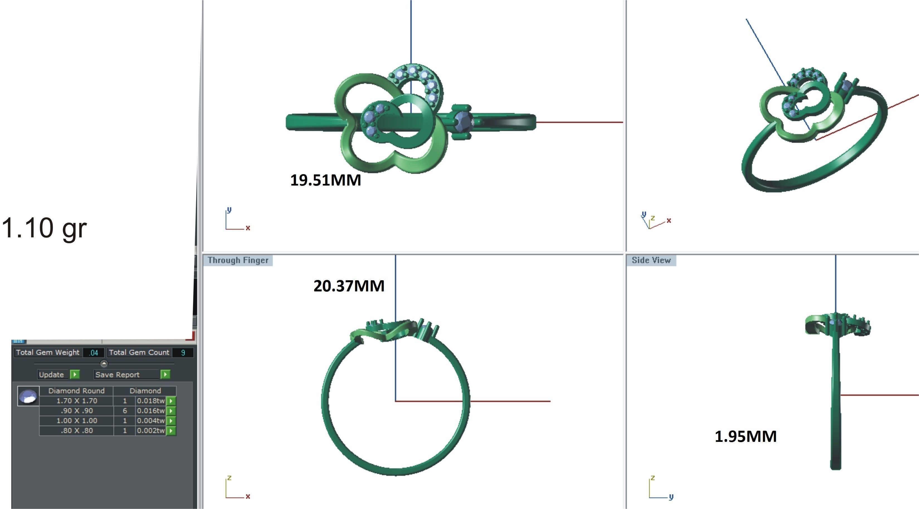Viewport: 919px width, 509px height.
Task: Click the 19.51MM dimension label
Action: click(325, 180)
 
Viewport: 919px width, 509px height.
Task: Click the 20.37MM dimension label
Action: click(348, 286)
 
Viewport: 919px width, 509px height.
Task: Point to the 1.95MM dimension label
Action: click(746, 437)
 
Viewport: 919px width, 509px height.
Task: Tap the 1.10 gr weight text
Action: click(44, 228)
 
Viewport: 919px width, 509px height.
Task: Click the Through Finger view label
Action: click(238, 260)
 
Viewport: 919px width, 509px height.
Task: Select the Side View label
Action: click(651, 260)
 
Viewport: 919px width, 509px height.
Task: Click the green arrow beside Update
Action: click(75, 374)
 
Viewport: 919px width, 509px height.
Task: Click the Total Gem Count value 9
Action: click(183, 353)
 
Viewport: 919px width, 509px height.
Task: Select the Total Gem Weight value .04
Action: click(94, 353)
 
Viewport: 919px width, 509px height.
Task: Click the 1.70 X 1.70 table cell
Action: click(77, 401)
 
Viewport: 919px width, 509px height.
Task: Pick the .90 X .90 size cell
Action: click(77, 411)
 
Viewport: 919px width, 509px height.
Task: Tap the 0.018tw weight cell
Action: click(150, 401)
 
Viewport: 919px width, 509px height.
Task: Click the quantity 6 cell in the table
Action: click(125, 411)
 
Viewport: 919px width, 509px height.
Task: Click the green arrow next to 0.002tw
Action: click(171, 431)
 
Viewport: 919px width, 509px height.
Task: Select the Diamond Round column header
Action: click(76, 391)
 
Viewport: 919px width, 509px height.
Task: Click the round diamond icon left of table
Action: click(28, 396)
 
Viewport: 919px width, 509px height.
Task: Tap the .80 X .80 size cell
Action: click(77, 431)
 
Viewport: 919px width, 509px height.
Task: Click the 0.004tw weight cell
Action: click(150, 421)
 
